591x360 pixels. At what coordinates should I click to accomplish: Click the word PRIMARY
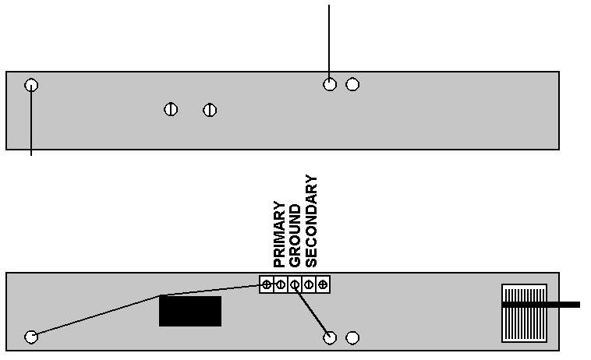coord(279,235)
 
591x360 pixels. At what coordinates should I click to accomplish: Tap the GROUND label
coord(295,236)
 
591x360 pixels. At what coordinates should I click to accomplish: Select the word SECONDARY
coord(311,221)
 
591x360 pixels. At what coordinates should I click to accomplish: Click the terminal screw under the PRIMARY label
coord(281,284)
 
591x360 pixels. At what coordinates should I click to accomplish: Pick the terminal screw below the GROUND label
coord(295,284)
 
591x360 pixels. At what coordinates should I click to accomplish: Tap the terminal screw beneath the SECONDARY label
coord(309,284)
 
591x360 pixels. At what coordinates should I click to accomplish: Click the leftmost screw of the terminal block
coord(267,284)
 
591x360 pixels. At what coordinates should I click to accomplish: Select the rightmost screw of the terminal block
coord(323,284)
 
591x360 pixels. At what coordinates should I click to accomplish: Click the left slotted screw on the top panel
coord(171,110)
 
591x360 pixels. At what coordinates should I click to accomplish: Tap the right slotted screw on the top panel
coord(210,111)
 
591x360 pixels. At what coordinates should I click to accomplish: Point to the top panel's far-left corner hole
coord(31,85)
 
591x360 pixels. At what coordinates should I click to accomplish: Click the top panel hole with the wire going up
coord(330,84)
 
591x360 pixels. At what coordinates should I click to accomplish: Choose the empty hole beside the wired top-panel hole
coord(352,84)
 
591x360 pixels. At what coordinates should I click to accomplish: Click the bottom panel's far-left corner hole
coord(31,337)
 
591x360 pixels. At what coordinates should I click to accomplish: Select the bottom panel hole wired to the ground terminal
coord(330,337)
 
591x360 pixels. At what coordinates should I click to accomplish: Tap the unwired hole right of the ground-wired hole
coord(352,337)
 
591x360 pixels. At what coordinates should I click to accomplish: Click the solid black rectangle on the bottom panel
coord(190,311)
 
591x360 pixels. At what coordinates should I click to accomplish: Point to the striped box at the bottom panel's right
coord(524,313)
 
